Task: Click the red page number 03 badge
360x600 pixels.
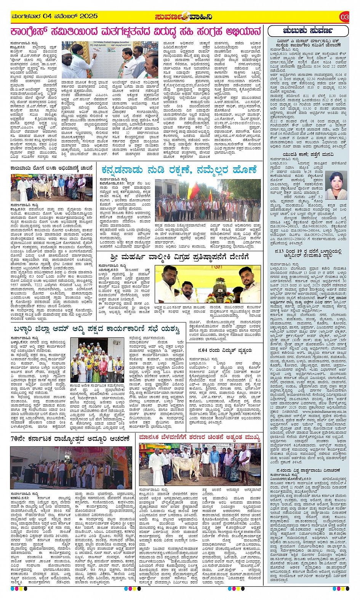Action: [344, 17]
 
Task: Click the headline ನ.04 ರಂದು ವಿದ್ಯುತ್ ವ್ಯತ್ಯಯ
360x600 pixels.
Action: [225, 350]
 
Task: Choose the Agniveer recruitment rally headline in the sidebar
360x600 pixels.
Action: [308, 254]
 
